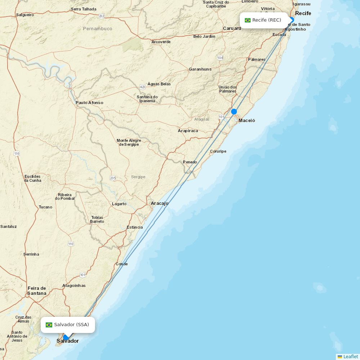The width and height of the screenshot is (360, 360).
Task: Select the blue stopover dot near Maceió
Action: click(x=234, y=112)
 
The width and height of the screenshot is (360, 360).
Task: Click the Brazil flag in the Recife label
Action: click(x=248, y=20)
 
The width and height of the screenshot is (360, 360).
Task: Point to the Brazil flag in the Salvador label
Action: click(x=49, y=325)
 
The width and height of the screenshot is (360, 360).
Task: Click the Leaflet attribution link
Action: click(x=350, y=356)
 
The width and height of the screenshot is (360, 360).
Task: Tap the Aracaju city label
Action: click(x=159, y=203)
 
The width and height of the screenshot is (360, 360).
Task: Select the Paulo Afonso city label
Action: click(x=89, y=103)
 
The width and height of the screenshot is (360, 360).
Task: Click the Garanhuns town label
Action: click(x=200, y=69)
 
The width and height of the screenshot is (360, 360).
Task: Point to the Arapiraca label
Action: click(x=188, y=131)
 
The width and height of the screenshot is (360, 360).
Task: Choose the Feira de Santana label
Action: click(x=37, y=291)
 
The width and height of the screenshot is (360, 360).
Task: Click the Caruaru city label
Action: click(x=232, y=28)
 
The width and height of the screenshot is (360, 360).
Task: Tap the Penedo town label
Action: click(x=190, y=162)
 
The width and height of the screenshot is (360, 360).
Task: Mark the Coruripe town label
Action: click(x=218, y=151)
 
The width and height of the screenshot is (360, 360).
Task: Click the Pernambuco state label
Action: click(x=98, y=28)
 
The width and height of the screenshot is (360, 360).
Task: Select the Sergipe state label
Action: click(x=138, y=177)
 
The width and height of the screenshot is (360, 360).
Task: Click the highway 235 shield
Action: click(x=113, y=178)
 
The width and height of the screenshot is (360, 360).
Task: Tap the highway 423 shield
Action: click(x=143, y=87)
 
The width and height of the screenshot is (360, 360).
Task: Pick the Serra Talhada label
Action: click(x=84, y=9)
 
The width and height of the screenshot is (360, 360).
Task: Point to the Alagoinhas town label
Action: click(x=74, y=285)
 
